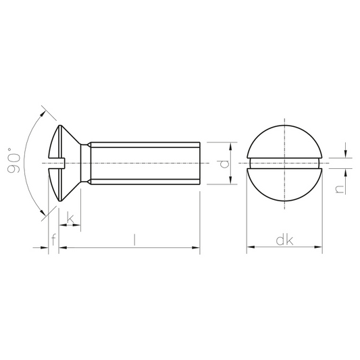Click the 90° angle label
click(x=14, y=161)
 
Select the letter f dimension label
click(x=53, y=240)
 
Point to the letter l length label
click(x=135, y=240)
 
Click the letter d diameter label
click(x=224, y=163)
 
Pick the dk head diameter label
click(x=284, y=240)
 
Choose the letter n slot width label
click(x=340, y=189)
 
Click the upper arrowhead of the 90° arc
click(x=43, y=113)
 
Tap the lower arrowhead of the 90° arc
click(x=43, y=213)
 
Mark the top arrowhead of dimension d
click(x=230, y=146)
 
